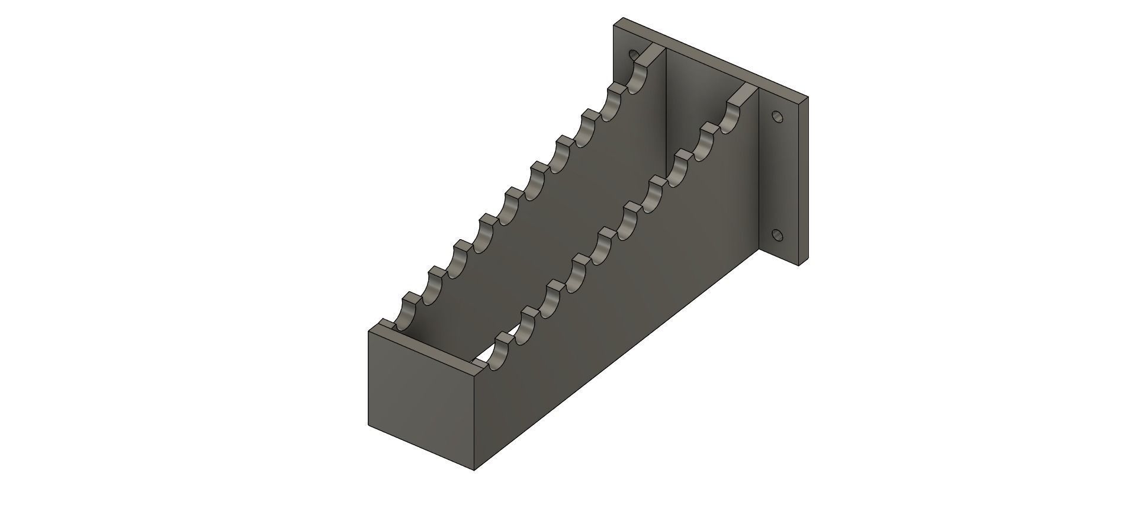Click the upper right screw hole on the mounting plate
pos(777,117)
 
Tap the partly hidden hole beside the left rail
pos(634,55)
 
